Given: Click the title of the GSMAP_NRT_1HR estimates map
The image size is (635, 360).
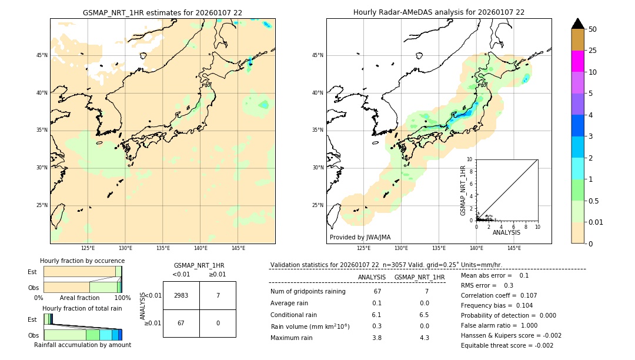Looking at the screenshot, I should (162, 12).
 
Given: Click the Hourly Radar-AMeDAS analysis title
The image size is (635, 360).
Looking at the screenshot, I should (439, 12).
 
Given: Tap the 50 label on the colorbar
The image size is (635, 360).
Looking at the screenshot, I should (593, 29).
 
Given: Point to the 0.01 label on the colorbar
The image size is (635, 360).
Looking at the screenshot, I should (596, 222).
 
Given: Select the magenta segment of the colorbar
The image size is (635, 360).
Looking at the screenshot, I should (578, 61).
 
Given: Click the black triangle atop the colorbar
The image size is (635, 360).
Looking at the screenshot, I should (578, 24).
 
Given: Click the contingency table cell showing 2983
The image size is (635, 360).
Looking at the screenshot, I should (181, 295).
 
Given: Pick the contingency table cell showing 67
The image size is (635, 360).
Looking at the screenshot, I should (181, 323).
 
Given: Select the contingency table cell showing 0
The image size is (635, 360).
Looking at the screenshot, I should (218, 323).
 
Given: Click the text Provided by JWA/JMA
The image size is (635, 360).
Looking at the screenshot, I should (360, 237).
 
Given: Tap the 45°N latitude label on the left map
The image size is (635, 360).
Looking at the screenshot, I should (42, 55).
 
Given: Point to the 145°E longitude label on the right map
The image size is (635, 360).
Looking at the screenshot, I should (514, 248).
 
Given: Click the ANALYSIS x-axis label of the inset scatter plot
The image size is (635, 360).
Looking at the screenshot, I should (506, 232).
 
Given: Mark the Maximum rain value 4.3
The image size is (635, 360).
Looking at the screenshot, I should (424, 338).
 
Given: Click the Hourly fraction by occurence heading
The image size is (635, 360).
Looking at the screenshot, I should (82, 261).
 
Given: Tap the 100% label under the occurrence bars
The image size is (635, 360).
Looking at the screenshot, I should (122, 298).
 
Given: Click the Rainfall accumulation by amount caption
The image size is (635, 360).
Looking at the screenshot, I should (82, 345).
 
